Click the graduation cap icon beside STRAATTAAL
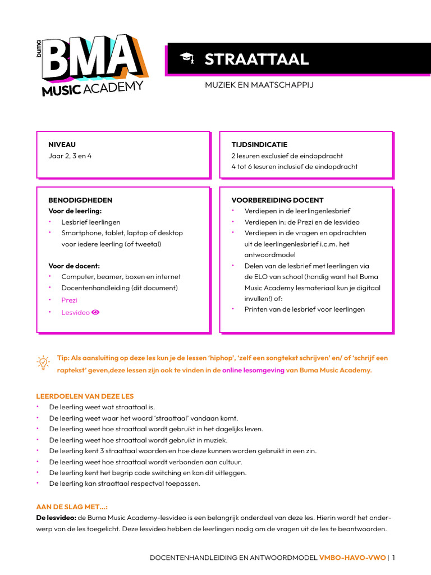point(186,59)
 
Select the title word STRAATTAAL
point(256,60)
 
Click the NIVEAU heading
point(62,145)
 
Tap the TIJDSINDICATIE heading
point(259,145)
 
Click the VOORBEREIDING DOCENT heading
point(277,200)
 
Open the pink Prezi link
point(70,300)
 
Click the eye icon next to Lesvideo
point(95,312)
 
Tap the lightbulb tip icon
point(43,363)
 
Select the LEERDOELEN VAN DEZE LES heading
point(85,396)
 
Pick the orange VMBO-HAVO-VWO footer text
point(352,558)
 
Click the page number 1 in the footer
point(394,558)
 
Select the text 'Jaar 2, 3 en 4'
point(70,156)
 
